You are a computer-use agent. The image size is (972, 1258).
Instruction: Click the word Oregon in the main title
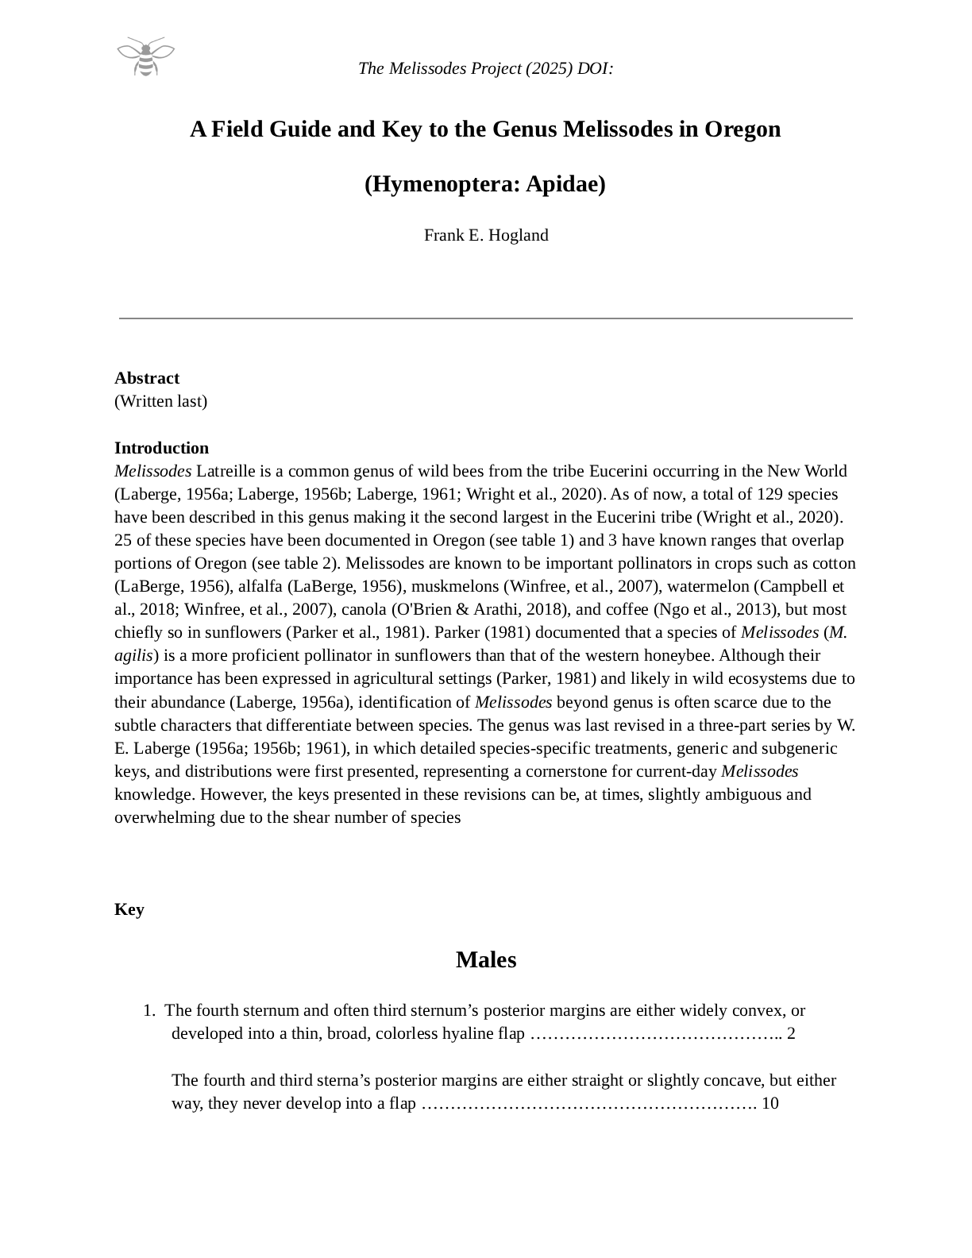pos(742,129)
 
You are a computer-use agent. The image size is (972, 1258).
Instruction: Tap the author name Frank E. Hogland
pos(486,235)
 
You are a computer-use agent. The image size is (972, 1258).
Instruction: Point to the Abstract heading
pos(147,378)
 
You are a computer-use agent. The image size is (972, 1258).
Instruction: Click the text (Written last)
pos(160,401)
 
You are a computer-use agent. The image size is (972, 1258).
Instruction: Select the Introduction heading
pos(161,448)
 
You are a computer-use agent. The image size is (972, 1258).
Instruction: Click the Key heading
pos(129,909)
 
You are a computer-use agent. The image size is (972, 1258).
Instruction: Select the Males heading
pos(486,960)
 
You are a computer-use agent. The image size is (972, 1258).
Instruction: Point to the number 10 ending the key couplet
pos(769,1103)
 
